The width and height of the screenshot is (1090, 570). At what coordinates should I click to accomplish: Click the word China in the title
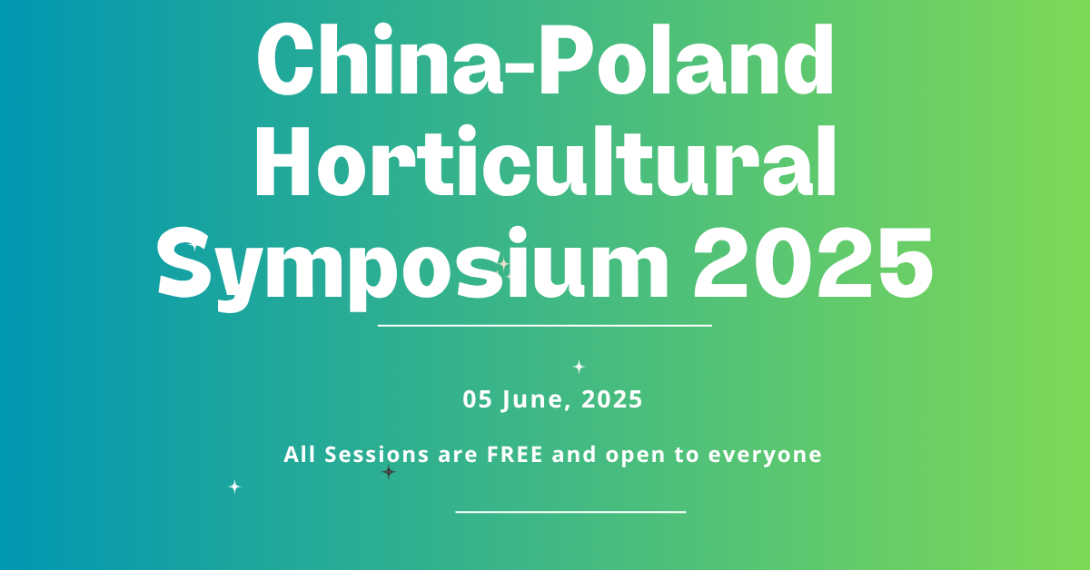point(380,58)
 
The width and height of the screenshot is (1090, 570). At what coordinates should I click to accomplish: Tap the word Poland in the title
point(686,58)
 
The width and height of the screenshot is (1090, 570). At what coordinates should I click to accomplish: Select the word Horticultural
point(545,161)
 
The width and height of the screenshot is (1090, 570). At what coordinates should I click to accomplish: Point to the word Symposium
point(412,269)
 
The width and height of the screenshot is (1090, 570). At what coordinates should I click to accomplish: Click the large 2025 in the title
point(813,262)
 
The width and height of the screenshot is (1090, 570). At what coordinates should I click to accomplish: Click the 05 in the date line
point(478,399)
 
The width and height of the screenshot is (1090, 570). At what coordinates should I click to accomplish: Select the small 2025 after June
point(612,399)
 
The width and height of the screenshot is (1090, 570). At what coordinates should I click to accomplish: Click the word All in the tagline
point(299,454)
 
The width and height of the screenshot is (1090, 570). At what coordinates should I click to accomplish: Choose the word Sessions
point(377,454)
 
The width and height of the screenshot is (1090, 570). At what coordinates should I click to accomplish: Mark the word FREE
point(515,454)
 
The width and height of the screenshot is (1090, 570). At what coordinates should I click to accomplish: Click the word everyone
point(765,457)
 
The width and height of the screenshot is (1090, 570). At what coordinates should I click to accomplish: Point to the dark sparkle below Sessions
point(389,472)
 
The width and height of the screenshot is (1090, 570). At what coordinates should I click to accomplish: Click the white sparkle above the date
point(579,366)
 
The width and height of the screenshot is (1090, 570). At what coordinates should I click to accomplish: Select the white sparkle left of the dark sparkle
point(234,486)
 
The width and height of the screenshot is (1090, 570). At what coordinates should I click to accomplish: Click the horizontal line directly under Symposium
point(545,325)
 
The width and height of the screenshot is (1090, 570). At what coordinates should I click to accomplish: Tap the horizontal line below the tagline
point(570,512)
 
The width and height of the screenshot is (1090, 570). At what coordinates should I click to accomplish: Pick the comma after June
point(568,407)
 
